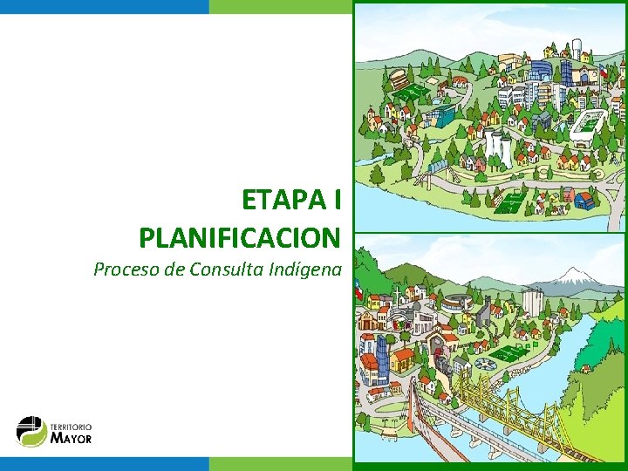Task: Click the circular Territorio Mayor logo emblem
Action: [x=31, y=431]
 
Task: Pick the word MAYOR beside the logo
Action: [x=72, y=438]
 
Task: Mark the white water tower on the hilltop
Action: [x=575, y=47]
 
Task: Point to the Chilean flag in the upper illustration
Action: [x=601, y=73]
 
